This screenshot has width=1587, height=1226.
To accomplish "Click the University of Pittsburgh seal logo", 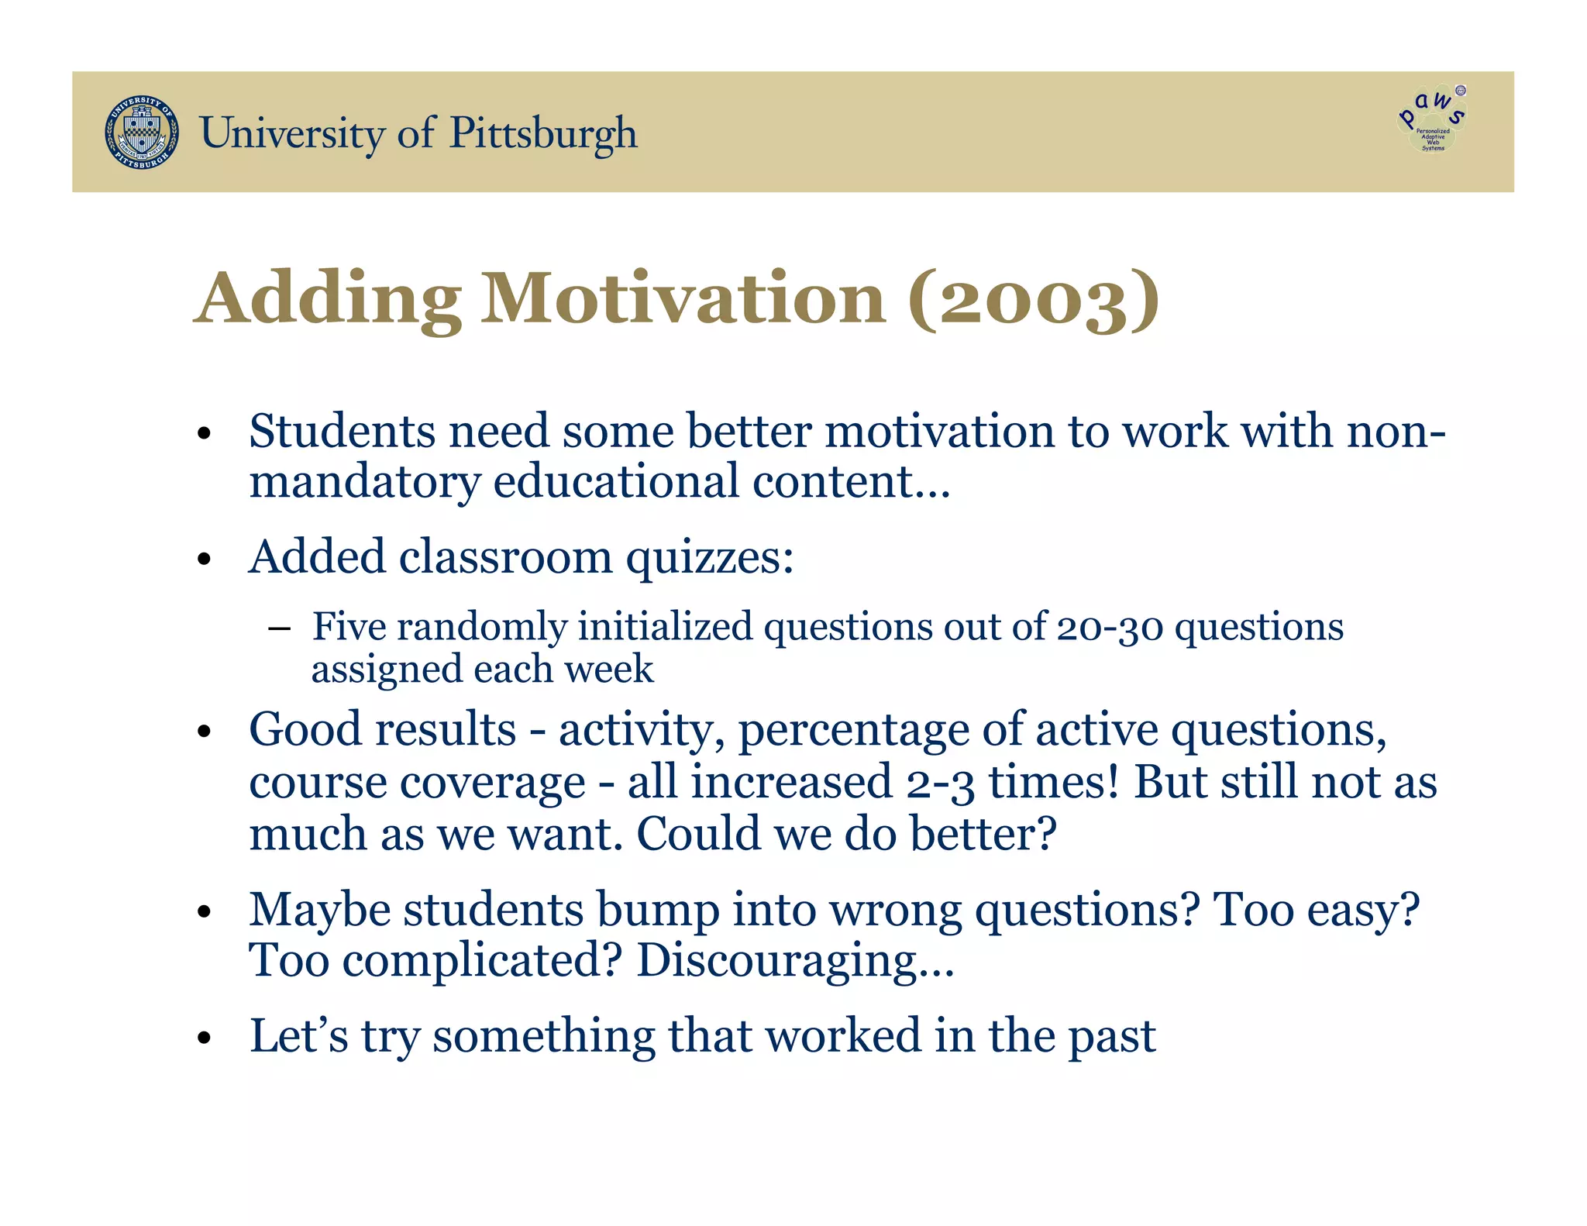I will pyautogui.click(x=142, y=133).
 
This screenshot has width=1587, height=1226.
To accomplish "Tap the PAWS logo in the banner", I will pyautogui.click(x=1433, y=119).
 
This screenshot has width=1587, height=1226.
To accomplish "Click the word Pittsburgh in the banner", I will pyautogui.click(x=543, y=133).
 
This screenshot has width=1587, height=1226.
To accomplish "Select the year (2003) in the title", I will pyautogui.click(x=1034, y=299).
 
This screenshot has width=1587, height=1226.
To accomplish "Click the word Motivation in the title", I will pyautogui.click(x=683, y=299).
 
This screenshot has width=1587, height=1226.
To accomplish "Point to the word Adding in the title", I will pyautogui.click(x=328, y=301).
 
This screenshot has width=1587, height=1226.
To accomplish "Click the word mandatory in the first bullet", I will pyautogui.click(x=364, y=482).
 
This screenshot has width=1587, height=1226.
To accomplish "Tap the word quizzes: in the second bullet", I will pyautogui.click(x=710, y=558).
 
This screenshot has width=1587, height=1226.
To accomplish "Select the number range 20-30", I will pyautogui.click(x=1110, y=627).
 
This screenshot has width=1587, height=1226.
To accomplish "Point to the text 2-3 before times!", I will pyautogui.click(x=940, y=782).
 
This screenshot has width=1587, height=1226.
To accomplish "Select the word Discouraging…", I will pyautogui.click(x=795, y=961).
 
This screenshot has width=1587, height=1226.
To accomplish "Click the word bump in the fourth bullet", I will pyautogui.click(x=658, y=911).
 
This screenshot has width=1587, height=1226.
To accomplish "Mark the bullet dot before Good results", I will pyautogui.click(x=204, y=732).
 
